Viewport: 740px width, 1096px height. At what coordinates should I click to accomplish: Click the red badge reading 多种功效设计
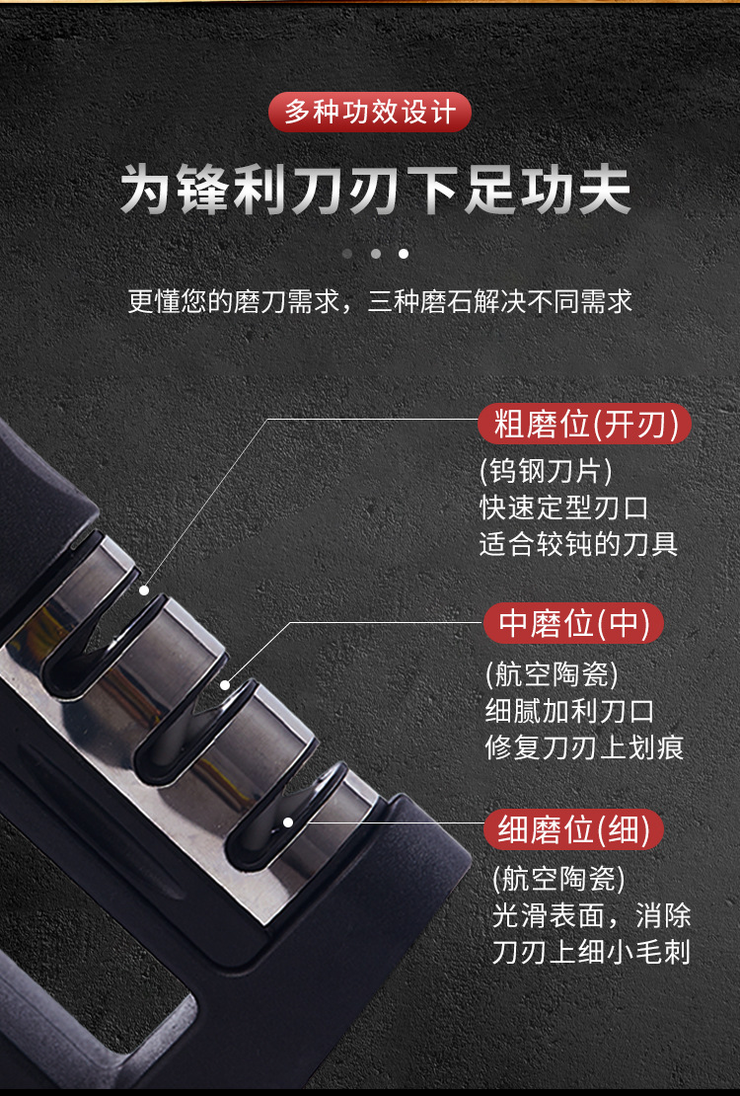pyautogui.click(x=370, y=112)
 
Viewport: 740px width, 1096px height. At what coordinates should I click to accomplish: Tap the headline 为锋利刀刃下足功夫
pyautogui.click(x=375, y=192)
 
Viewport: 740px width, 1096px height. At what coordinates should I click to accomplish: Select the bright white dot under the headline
pyautogui.click(x=404, y=254)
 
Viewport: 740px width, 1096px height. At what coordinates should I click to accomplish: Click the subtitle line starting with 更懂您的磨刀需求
pyautogui.click(x=380, y=301)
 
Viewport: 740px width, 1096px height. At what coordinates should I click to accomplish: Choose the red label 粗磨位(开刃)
pyautogui.click(x=585, y=426)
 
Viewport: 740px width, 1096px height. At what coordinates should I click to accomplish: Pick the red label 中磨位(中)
pyautogui.click(x=573, y=624)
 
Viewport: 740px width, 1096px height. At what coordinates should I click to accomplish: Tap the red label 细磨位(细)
pyautogui.click(x=573, y=830)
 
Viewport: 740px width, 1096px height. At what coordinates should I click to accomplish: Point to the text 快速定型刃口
pyautogui.click(x=564, y=508)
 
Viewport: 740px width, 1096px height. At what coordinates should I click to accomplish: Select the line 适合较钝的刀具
pyautogui.click(x=579, y=544)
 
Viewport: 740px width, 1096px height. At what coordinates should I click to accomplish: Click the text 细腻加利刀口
pyautogui.click(x=570, y=711)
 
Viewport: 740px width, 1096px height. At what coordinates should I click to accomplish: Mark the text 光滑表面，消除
pyautogui.click(x=591, y=915)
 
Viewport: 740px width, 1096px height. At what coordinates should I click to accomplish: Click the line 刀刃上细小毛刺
pyautogui.click(x=591, y=953)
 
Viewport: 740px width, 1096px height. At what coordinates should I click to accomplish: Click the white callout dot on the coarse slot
pyautogui.click(x=144, y=589)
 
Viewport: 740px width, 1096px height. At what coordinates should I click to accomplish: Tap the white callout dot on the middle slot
pyautogui.click(x=225, y=684)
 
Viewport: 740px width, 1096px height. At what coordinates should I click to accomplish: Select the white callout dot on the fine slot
pyautogui.click(x=288, y=822)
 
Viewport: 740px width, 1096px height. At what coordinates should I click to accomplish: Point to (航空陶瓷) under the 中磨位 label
pyautogui.click(x=552, y=674)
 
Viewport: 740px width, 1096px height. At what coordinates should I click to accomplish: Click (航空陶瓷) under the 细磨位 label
pyautogui.click(x=558, y=878)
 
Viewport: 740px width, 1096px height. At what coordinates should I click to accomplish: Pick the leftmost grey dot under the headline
pyautogui.click(x=347, y=254)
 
